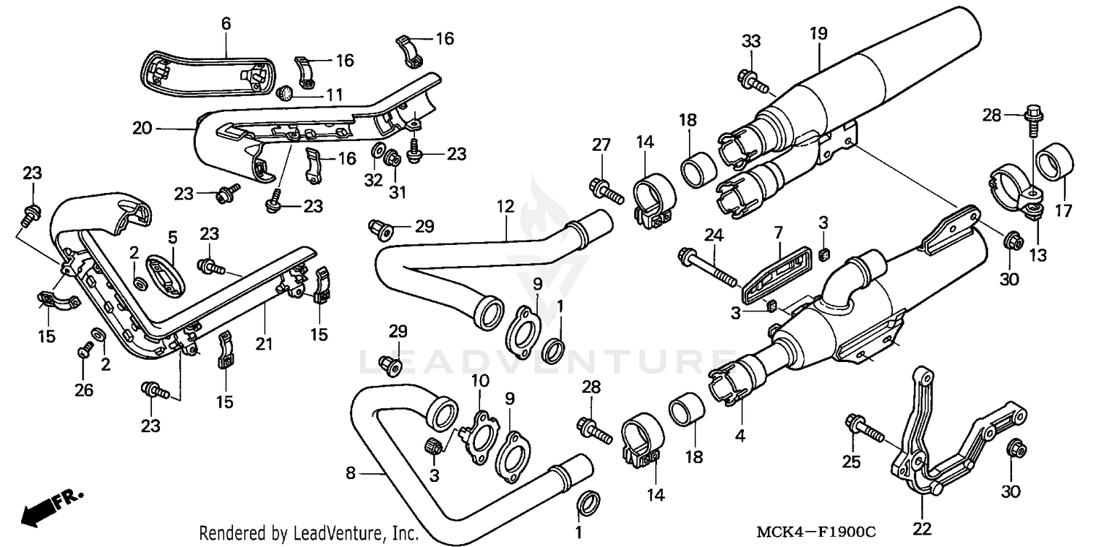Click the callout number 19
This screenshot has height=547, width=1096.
(818, 33)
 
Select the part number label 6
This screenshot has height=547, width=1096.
(226, 24)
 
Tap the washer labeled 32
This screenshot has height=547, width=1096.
(378, 151)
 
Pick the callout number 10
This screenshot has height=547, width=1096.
(479, 381)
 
